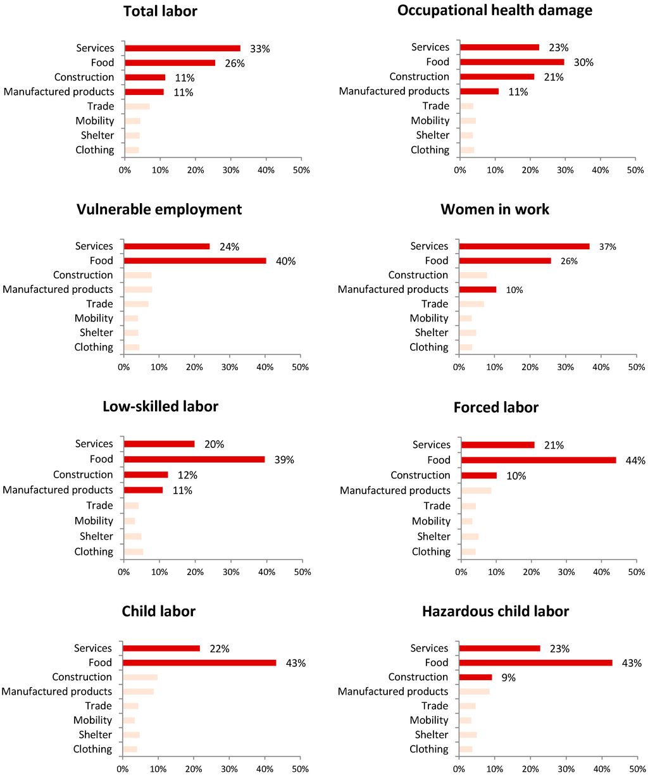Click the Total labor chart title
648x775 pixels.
pyautogui.click(x=160, y=11)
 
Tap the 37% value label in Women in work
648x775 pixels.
pyautogui.click(x=607, y=247)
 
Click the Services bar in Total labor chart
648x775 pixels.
pyautogui.click(x=182, y=48)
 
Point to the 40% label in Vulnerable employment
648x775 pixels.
pyautogui.click(x=285, y=261)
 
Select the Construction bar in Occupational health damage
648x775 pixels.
pyautogui.click(x=497, y=77)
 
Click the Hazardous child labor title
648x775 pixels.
pyautogui.click(x=495, y=611)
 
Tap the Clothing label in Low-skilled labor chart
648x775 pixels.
pyautogui.click(x=94, y=552)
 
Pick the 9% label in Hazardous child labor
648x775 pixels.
pyautogui.click(x=508, y=678)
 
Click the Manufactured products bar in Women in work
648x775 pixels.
pyautogui.click(x=478, y=289)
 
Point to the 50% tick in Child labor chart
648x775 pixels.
pyautogui.click(x=300, y=769)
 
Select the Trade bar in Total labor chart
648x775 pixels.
pyautogui.click(x=137, y=106)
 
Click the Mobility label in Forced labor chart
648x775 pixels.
pyautogui.click(x=431, y=521)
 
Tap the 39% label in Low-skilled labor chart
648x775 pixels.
pyautogui.click(x=284, y=460)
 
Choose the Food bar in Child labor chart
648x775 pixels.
pyautogui.click(x=199, y=662)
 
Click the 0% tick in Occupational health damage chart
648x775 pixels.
pyautogui.click(x=460, y=170)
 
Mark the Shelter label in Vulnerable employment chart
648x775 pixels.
pyautogui.click(x=96, y=333)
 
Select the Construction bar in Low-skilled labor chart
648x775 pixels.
pyautogui.click(x=146, y=474)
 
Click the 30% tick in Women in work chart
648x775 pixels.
pyautogui.click(x=565, y=367)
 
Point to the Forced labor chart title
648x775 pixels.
pyautogui.click(x=495, y=407)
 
